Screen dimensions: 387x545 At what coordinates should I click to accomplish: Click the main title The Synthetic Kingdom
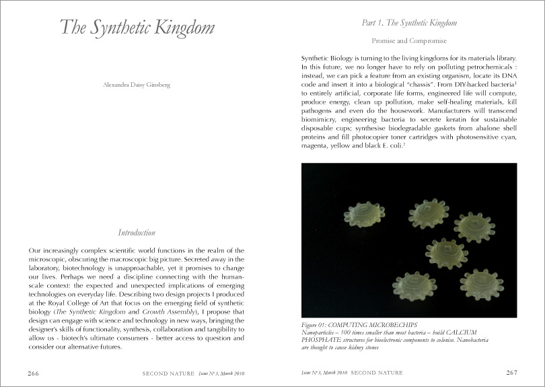(137, 28)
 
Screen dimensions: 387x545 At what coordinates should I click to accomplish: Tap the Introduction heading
(137, 233)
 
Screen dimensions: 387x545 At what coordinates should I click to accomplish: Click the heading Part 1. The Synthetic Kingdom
(409, 23)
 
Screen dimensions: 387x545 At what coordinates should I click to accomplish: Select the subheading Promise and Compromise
(409, 40)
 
